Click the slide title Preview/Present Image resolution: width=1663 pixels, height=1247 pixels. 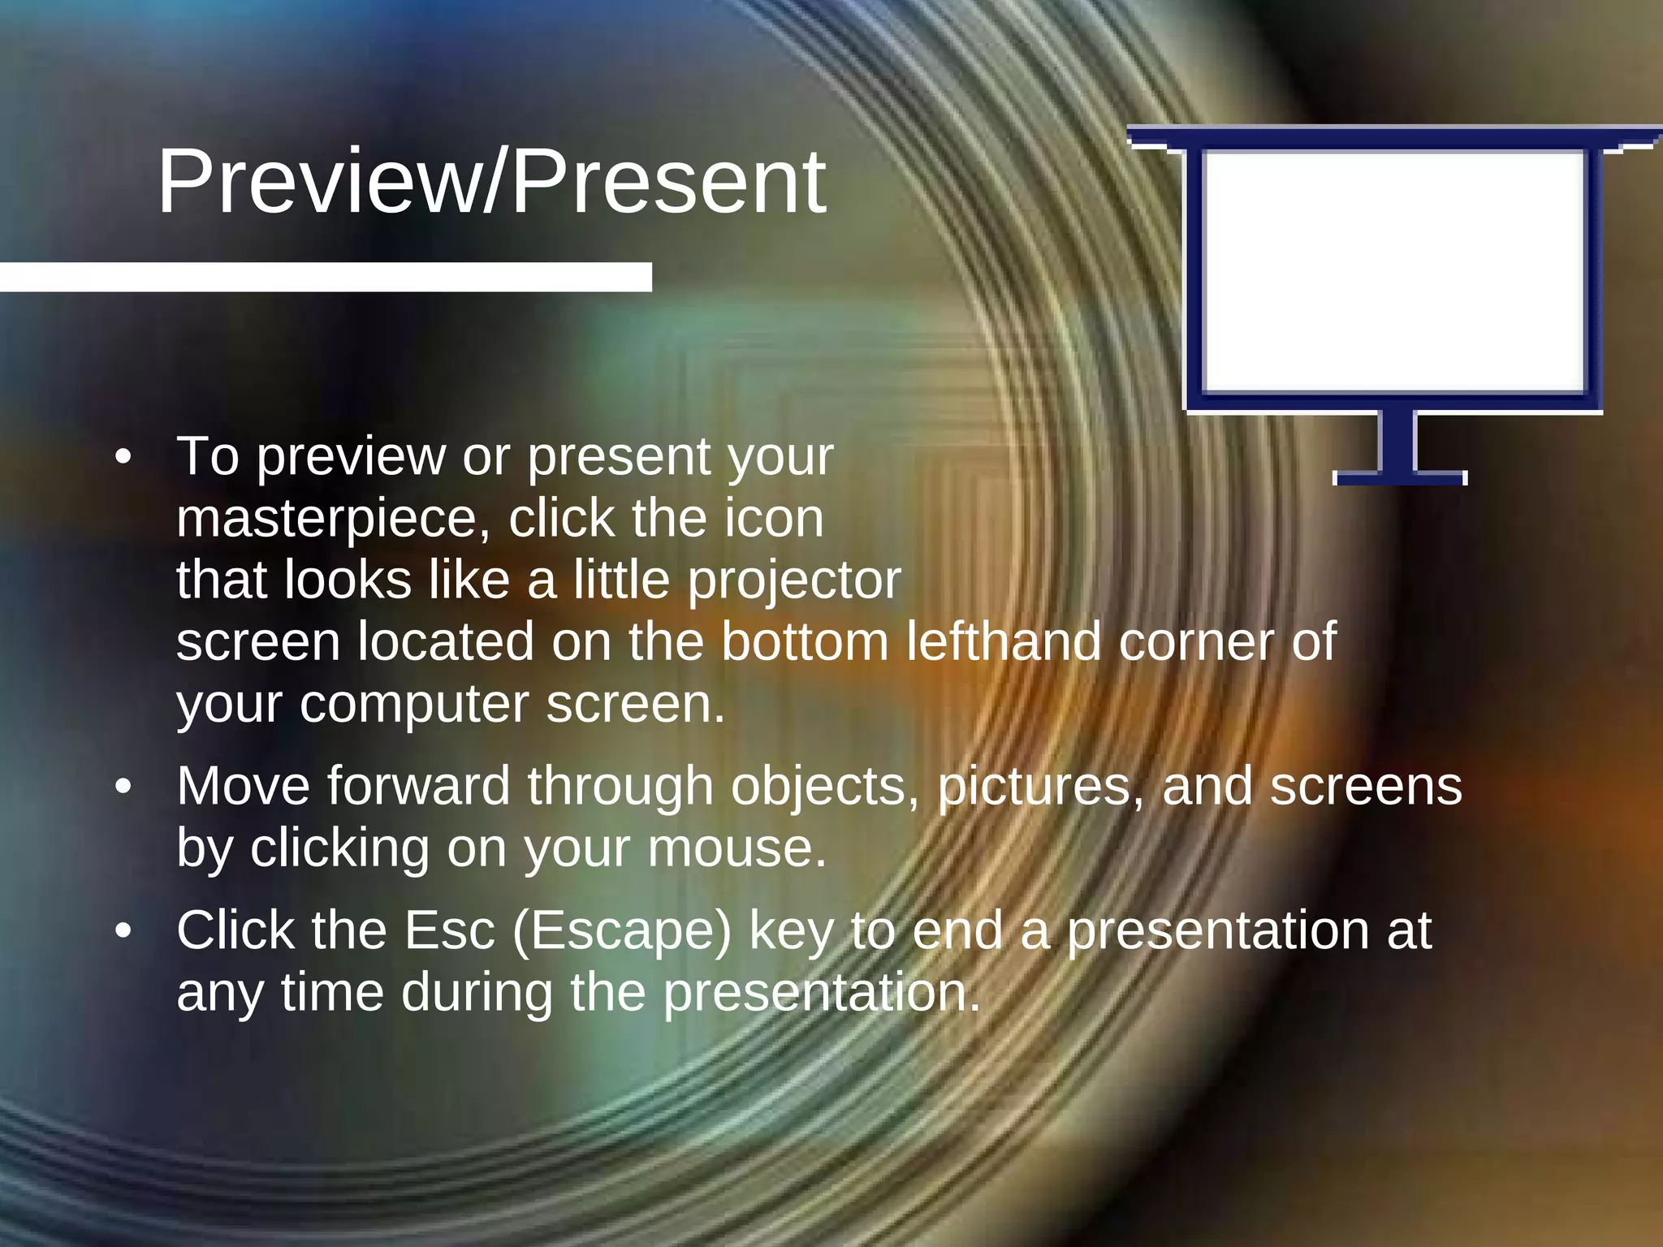coord(491,182)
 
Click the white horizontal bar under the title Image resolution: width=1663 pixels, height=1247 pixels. coord(325,277)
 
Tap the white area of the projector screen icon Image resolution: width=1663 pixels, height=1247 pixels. coord(1393,271)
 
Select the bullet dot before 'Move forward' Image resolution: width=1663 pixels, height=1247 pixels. coord(123,787)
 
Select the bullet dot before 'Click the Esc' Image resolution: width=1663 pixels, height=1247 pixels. coord(123,931)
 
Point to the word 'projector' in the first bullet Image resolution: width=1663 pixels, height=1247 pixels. coord(794,580)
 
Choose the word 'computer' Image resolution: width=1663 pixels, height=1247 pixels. coord(414,704)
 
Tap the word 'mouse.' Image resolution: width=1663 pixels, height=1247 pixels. coord(736,848)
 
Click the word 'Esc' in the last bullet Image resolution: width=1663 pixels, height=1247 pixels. coord(449,931)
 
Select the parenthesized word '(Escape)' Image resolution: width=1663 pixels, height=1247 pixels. coord(622,931)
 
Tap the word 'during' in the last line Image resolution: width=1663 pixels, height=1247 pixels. coord(477,993)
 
